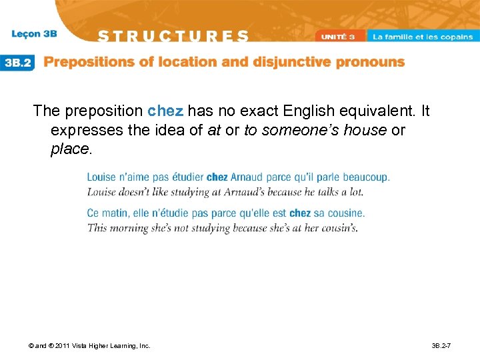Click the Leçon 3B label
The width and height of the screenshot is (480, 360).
(35, 33)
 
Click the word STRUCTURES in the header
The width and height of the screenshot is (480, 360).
(175, 36)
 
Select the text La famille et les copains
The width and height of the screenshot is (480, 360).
(422, 37)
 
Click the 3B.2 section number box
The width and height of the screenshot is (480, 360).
(19, 62)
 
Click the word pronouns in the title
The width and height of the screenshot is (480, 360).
(372, 62)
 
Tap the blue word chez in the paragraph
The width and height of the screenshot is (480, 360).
(165, 111)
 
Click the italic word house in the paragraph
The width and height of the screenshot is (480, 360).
(365, 130)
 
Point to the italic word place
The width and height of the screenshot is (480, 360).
(69, 149)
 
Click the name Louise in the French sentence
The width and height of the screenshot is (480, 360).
(101, 177)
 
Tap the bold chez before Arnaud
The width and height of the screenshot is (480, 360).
(217, 177)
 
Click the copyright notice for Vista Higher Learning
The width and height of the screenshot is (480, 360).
(90, 345)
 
